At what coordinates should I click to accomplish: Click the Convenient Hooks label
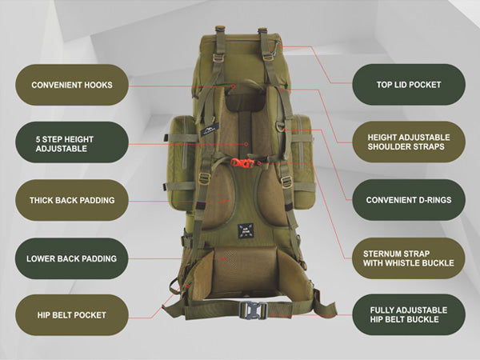click(x=72, y=85)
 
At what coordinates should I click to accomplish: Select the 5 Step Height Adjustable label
click(x=72, y=142)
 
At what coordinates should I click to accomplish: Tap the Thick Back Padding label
click(x=72, y=200)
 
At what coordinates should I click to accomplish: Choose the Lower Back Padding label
click(x=72, y=258)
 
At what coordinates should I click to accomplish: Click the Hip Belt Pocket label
click(x=72, y=315)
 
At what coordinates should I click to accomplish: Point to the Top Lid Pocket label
click(x=409, y=85)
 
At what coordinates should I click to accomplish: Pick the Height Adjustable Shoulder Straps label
click(x=409, y=142)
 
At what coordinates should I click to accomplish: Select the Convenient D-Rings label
click(x=409, y=200)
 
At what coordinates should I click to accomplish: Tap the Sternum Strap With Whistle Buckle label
click(x=409, y=258)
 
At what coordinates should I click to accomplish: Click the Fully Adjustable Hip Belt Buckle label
click(x=409, y=314)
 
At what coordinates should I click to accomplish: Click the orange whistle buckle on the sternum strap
click(x=242, y=163)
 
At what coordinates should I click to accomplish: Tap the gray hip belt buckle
click(x=253, y=310)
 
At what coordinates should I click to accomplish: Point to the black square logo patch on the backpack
click(x=246, y=231)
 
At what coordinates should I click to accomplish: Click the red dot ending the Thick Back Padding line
click(x=226, y=202)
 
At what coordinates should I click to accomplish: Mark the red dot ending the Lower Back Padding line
click(x=224, y=259)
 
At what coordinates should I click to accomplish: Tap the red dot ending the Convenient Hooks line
click(x=234, y=86)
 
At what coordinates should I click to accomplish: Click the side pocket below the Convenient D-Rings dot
click(x=302, y=161)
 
